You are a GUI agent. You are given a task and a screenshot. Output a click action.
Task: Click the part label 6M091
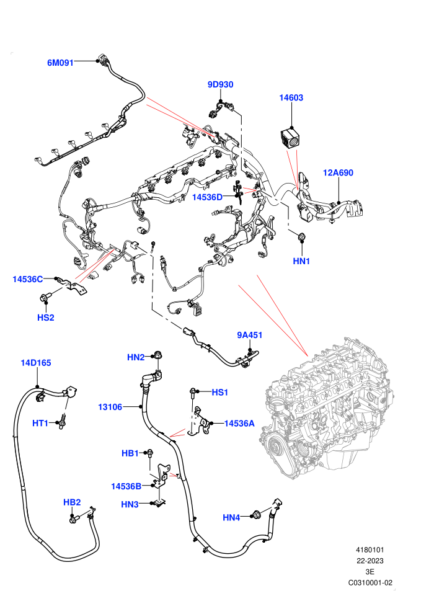(60, 63)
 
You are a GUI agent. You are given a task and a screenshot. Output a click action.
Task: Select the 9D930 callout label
(220, 84)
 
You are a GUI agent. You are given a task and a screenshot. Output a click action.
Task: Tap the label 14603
(291, 97)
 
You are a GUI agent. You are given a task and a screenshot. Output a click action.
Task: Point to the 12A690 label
(338, 172)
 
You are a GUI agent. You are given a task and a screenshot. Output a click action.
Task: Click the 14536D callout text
(207, 197)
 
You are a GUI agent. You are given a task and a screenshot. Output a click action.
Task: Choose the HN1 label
(301, 261)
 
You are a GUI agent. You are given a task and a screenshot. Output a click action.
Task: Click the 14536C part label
(27, 279)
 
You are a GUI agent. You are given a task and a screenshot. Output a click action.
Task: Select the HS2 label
(46, 318)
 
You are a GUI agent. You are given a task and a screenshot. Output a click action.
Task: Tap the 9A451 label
(250, 335)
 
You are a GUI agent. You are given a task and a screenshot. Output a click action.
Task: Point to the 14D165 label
(36, 363)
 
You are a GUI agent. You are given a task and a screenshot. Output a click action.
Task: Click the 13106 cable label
(110, 407)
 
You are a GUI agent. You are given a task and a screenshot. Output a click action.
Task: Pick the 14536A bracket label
(239, 424)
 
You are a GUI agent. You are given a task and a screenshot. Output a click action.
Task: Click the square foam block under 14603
(291, 138)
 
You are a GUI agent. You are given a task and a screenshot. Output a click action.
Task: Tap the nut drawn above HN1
(302, 236)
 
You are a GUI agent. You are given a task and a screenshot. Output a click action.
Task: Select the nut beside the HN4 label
(257, 515)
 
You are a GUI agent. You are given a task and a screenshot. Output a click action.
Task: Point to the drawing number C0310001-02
(370, 582)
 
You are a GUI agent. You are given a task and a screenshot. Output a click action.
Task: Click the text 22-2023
(370, 561)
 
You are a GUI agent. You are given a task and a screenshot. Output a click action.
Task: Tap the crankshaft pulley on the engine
(278, 448)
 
